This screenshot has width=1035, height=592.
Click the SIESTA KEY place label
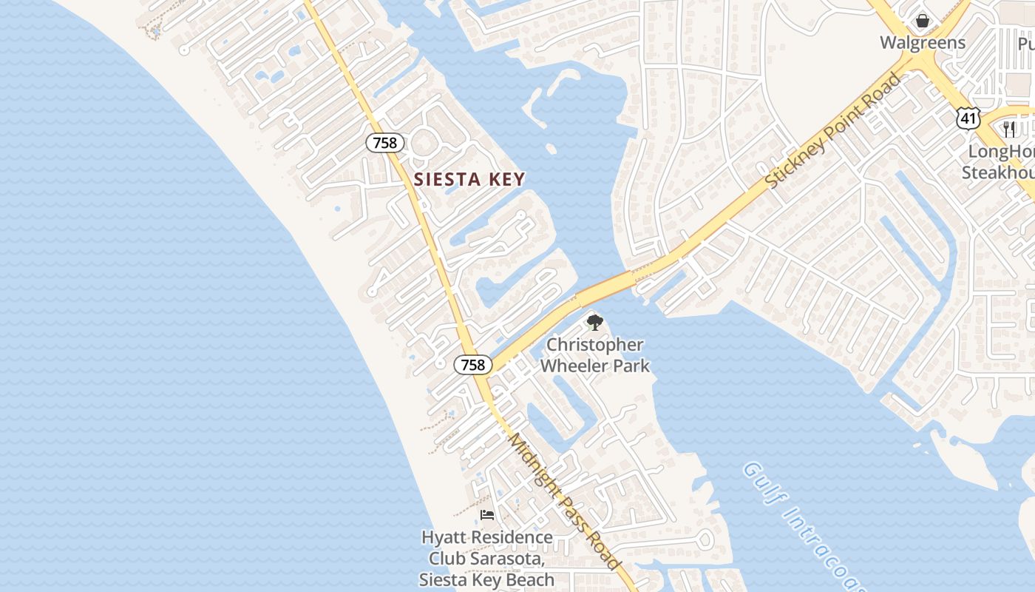(469, 179)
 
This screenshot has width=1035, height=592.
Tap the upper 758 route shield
(384, 143)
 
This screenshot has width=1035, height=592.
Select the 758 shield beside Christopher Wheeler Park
(473, 364)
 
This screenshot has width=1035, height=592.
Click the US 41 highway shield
(967, 117)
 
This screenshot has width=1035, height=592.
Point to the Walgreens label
(922, 42)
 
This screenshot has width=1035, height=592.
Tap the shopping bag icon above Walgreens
(922, 20)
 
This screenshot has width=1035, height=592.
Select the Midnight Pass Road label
(565, 501)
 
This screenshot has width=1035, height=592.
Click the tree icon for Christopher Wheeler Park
(594, 323)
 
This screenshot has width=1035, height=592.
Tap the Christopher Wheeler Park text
(594, 355)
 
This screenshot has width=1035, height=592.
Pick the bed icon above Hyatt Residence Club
(486, 515)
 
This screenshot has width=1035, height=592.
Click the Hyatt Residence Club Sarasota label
(486, 558)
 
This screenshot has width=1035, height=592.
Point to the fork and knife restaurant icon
(1010, 129)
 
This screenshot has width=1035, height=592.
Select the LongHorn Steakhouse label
(998, 162)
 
